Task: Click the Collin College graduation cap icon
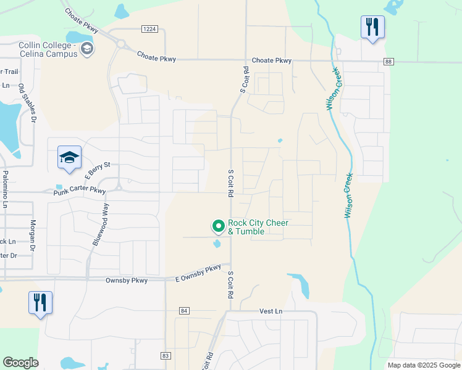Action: [87, 49]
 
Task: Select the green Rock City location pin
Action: [217, 227]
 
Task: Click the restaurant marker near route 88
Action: [372, 27]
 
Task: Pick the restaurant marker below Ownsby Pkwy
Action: [40, 303]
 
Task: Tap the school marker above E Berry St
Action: [70, 158]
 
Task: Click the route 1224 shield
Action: [149, 29]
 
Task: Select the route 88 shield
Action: [388, 62]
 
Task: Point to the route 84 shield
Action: [184, 310]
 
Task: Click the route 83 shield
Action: [165, 356]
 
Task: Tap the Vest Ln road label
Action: [271, 311]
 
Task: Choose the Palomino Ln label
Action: [5, 187]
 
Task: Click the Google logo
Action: [20, 363]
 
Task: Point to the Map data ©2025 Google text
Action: [423, 365]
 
